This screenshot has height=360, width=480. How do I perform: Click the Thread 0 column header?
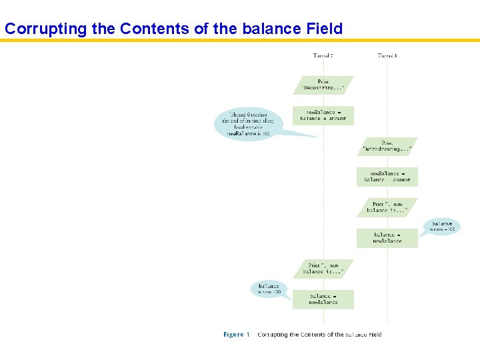(323, 55)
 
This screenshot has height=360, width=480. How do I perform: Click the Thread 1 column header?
(387, 55)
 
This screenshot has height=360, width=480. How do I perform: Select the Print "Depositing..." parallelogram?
(323, 85)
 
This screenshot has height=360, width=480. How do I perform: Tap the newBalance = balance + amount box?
(323, 115)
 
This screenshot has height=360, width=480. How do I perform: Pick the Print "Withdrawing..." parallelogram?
(387, 147)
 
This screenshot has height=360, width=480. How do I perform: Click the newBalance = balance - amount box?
(387, 177)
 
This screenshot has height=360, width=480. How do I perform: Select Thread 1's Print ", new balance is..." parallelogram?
(387, 207)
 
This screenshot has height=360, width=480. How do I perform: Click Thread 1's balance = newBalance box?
(387, 238)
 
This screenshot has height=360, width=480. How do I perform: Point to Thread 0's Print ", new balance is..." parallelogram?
(323, 269)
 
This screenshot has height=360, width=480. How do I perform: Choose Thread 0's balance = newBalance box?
(323, 299)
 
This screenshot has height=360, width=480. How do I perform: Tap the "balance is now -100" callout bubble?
(442, 227)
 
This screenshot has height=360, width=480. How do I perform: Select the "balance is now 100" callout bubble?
(269, 289)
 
